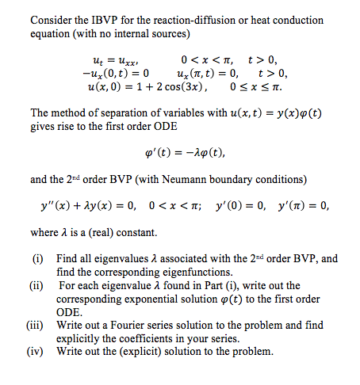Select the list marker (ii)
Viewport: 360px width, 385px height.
click(x=38, y=285)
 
